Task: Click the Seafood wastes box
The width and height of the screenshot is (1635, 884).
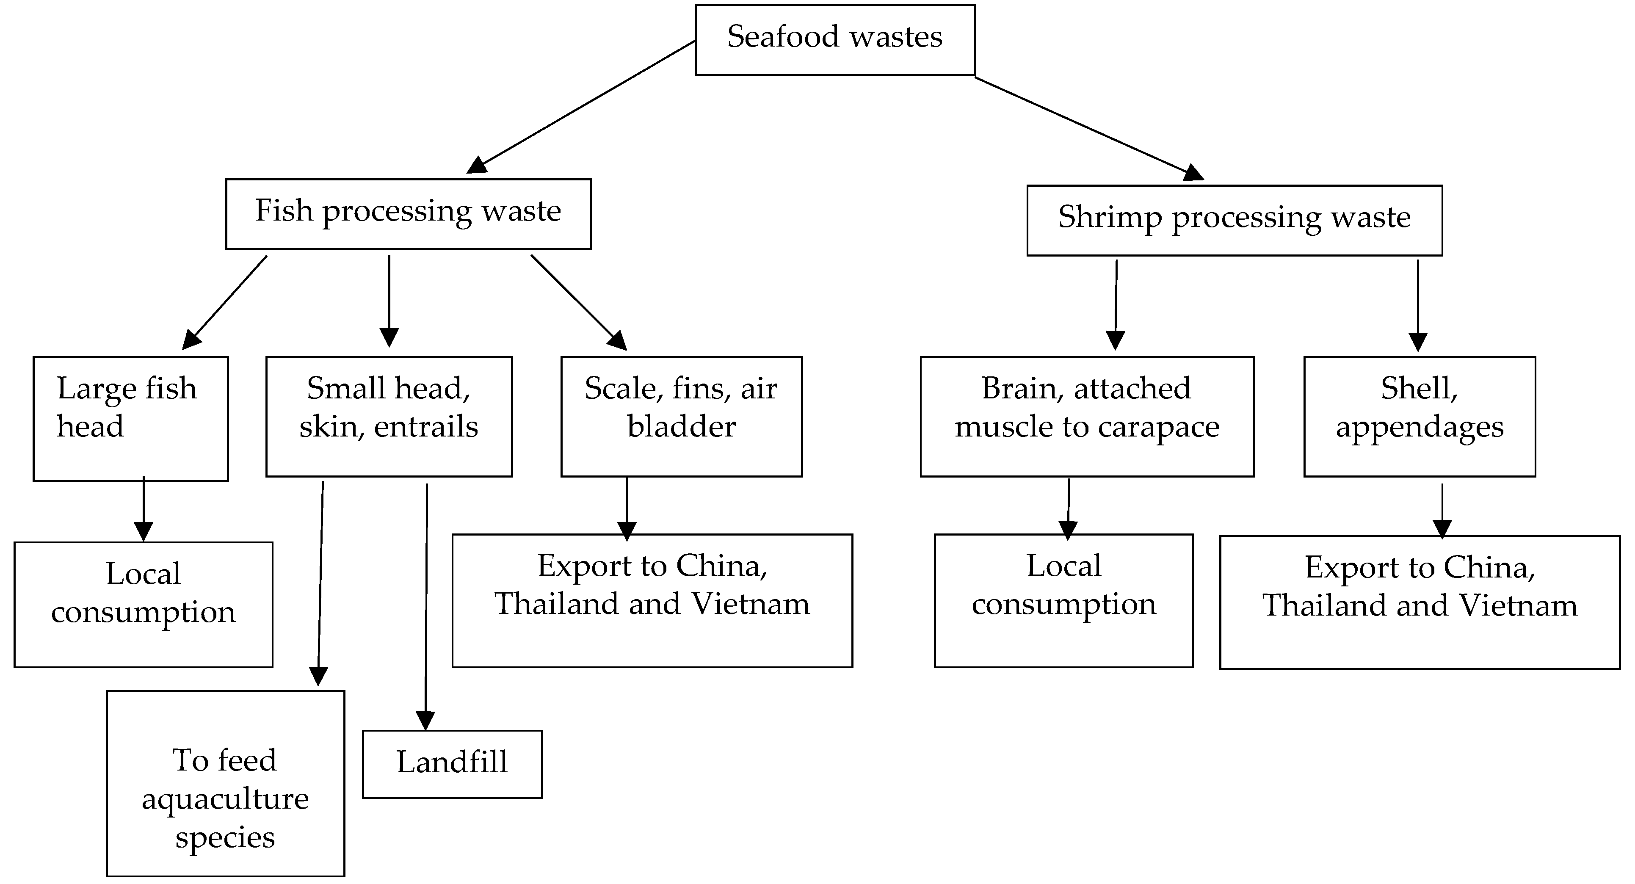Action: point(834,39)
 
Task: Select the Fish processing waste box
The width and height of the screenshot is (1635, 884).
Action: point(408,213)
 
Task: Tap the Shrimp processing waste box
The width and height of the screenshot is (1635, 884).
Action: point(1234,220)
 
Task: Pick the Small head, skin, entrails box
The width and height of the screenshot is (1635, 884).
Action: point(389,416)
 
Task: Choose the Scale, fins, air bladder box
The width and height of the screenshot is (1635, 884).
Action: point(681,416)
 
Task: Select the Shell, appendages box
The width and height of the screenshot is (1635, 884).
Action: point(1419,416)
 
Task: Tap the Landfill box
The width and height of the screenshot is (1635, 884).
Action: point(452,763)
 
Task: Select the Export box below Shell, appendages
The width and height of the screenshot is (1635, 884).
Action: point(1419,602)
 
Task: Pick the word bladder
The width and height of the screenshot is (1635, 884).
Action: point(681,426)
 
